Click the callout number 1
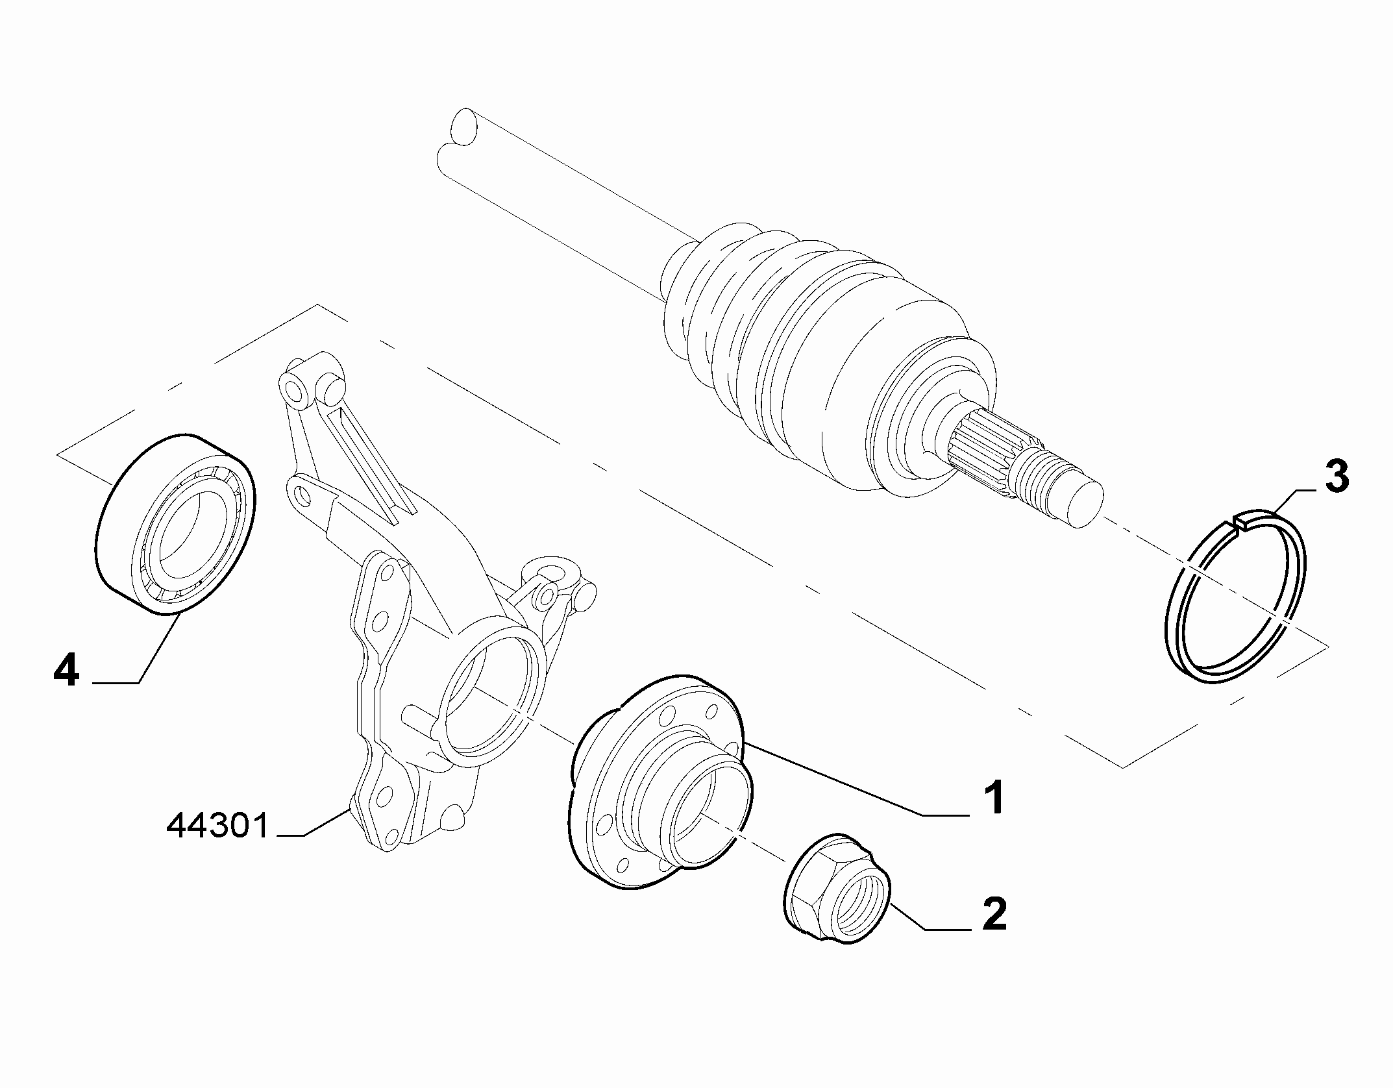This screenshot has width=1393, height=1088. [x=992, y=797]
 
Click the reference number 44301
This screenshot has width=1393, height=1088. [x=217, y=827]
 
